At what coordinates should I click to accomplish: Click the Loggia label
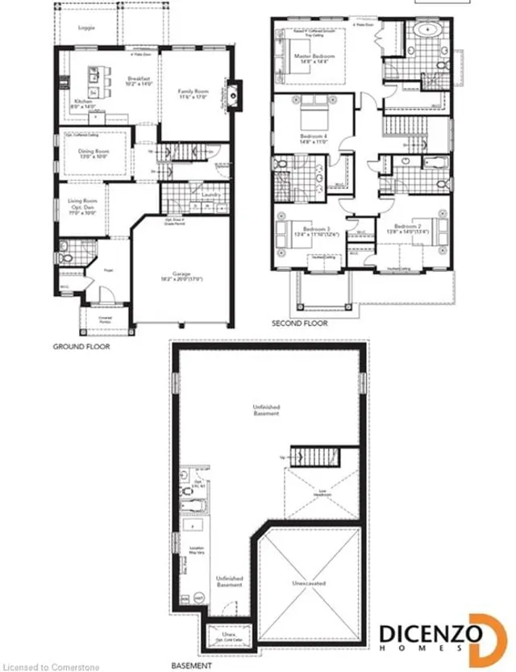[x=86, y=28]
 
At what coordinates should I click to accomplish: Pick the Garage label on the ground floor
[x=181, y=275]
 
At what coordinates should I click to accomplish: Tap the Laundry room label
[x=212, y=194]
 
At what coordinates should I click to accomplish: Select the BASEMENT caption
[x=192, y=666]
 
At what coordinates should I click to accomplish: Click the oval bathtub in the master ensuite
[x=425, y=33]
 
